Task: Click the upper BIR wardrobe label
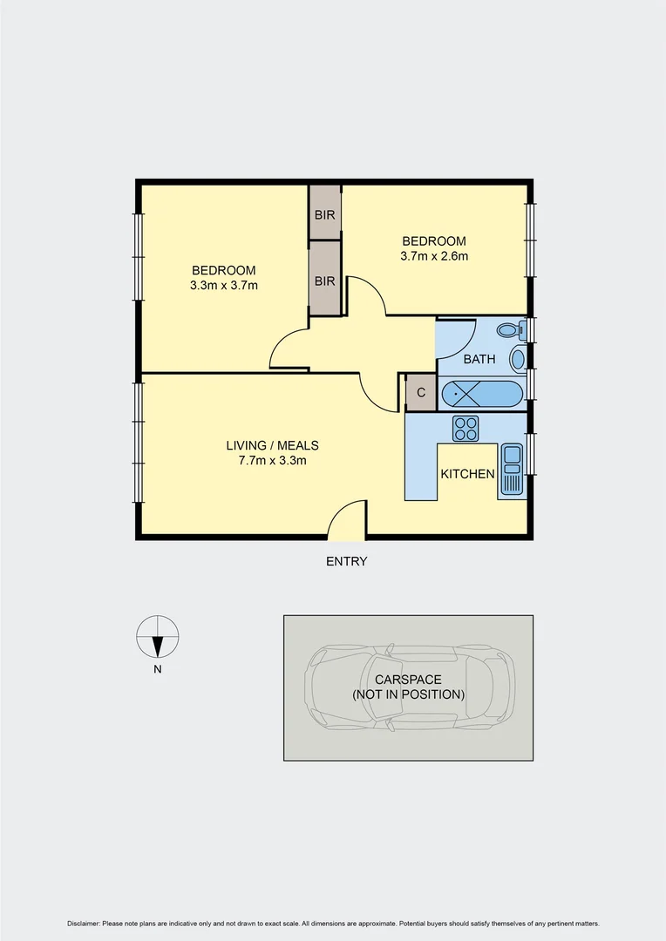[325, 213]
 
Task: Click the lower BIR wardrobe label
[325, 281]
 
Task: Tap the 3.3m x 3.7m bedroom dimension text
[224, 285]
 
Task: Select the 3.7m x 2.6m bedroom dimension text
[434, 256]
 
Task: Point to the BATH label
[479, 359]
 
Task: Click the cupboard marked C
[421, 393]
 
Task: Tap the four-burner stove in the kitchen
[466, 428]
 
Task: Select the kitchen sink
[511, 471]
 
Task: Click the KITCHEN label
[468, 475]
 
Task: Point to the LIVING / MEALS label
[273, 445]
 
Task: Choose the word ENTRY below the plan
[347, 561]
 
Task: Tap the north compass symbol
[158, 637]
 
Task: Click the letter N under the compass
[158, 670]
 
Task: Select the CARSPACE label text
[408, 680]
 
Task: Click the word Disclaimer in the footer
[83, 924]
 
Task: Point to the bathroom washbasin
[518, 359]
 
